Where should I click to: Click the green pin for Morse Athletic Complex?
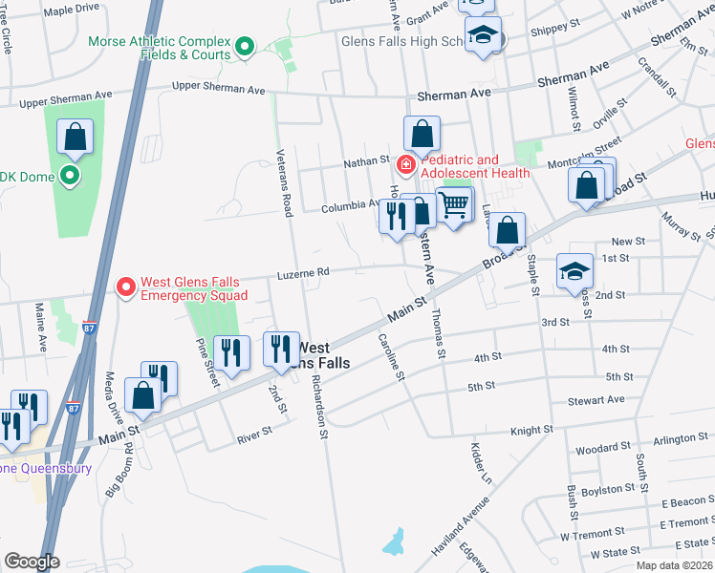245,46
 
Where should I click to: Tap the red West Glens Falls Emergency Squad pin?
124,287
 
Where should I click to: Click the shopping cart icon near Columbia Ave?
455,203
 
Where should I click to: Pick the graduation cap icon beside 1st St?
575,272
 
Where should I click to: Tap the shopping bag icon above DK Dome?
76,138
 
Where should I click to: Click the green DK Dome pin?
69,176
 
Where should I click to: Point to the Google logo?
32,562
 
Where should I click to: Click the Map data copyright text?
674,565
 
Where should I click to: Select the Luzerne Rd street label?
304,272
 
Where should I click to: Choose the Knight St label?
532,432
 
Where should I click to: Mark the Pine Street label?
206,363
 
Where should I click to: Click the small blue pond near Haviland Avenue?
393,542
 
